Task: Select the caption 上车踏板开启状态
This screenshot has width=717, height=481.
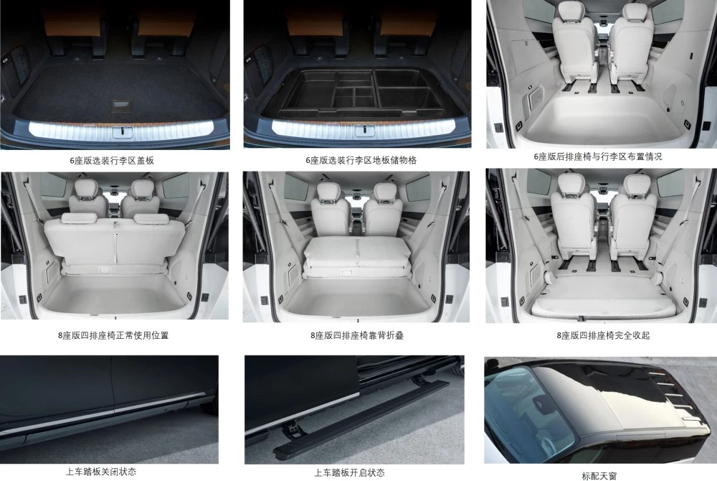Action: pyautogui.click(x=349, y=472)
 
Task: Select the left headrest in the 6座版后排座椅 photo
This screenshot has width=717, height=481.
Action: pyautogui.click(x=571, y=11)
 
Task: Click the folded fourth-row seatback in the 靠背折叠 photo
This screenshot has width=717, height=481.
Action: pyautogui.click(x=356, y=253)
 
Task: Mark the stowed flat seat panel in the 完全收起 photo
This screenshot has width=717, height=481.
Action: pyautogui.click(x=602, y=305)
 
